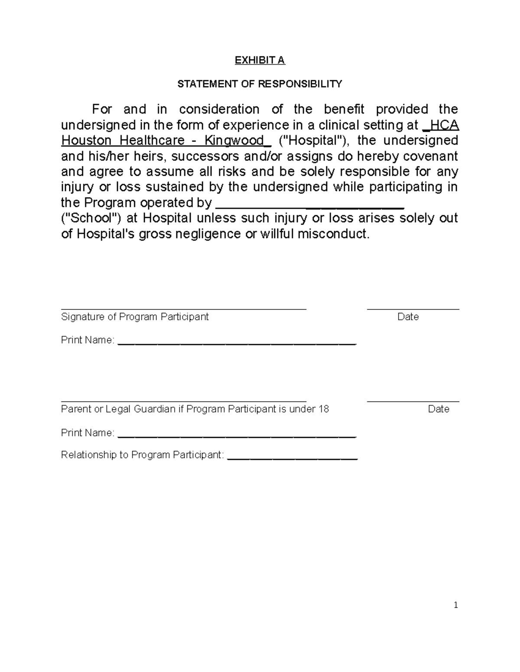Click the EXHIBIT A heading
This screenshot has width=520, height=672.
tap(260, 60)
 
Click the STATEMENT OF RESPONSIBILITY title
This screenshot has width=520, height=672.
tap(260, 84)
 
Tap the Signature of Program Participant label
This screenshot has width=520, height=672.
tap(135, 317)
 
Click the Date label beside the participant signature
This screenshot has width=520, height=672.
tap(408, 317)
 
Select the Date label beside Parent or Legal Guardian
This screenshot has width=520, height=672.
tap(439, 409)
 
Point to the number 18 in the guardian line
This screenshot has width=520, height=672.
tap(323, 409)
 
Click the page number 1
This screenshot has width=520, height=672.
tap(455, 605)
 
